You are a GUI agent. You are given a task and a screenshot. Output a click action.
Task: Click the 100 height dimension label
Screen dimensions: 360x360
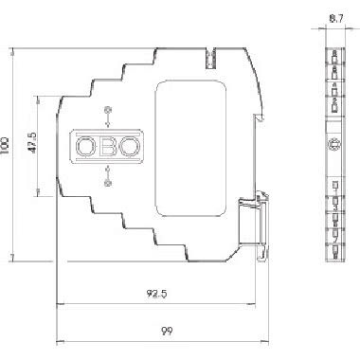5,145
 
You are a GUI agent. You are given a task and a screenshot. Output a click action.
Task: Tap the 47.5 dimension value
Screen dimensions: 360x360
33,143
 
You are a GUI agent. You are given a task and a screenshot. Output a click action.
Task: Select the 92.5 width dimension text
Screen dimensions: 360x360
156,294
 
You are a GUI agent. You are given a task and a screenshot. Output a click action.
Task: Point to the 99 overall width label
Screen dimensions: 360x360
168,332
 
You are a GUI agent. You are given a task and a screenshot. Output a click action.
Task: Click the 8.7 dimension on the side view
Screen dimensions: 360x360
336,19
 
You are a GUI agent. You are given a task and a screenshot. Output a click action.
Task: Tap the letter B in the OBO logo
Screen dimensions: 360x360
107,146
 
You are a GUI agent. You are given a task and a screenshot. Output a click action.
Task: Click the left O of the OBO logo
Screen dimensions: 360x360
85,146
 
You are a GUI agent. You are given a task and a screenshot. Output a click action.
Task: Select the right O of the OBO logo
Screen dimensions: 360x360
131,146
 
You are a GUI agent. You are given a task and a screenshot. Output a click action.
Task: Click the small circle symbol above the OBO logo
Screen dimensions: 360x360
107,110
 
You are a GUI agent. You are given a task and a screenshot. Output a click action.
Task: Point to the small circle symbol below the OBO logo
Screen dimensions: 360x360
107,183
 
